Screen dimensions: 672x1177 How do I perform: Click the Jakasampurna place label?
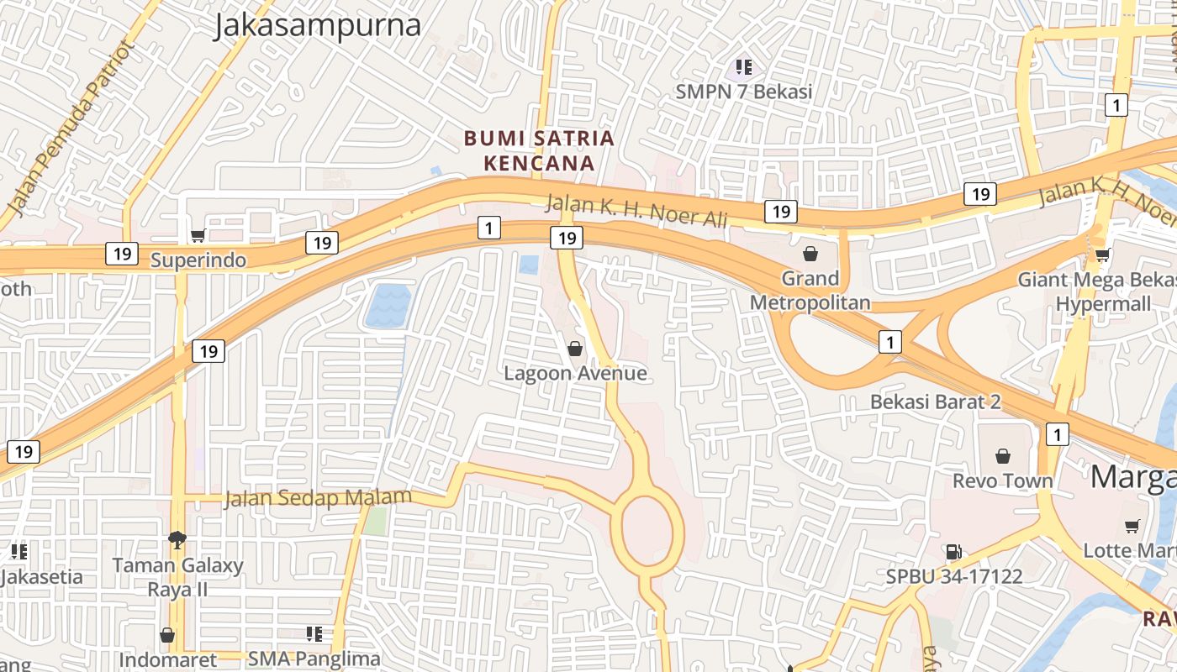pyautogui.click(x=316, y=25)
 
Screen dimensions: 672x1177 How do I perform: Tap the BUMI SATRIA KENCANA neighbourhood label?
pyautogui.click(x=540, y=150)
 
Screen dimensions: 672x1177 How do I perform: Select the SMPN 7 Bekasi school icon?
pyautogui.click(x=743, y=66)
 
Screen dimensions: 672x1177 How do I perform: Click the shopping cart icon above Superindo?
pyautogui.click(x=198, y=236)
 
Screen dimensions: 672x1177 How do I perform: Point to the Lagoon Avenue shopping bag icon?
pyautogui.click(x=575, y=348)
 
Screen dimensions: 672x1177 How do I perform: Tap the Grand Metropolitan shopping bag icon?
pyautogui.click(x=810, y=253)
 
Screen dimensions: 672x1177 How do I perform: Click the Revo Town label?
pyautogui.click(x=1002, y=480)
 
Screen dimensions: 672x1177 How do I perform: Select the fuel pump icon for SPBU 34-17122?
pyautogui.click(x=953, y=552)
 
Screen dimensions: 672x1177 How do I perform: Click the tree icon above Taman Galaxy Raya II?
pyautogui.click(x=177, y=539)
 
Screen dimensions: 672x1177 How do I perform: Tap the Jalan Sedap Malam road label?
pyautogui.click(x=318, y=498)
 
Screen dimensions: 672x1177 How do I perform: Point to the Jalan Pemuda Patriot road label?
pyautogui.click(x=71, y=126)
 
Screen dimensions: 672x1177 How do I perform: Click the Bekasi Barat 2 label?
pyautogui.click(x=935, y=402)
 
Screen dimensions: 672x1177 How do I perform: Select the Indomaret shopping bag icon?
pyautogui.click(x=167, y=635)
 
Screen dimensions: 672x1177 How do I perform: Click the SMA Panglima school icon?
pyautogui.click(x=314, y=633)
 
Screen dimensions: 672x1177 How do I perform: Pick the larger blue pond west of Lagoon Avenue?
pyautogui.click(x=388, y=306)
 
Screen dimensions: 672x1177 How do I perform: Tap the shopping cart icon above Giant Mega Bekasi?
pyautogui.click(x=1102, y=255)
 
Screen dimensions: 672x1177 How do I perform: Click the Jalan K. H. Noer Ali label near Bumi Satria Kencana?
pyautogui.click(x=636, y=211)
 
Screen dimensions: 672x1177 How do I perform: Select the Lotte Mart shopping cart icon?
pyautogui.click(x=1132, y=527)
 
